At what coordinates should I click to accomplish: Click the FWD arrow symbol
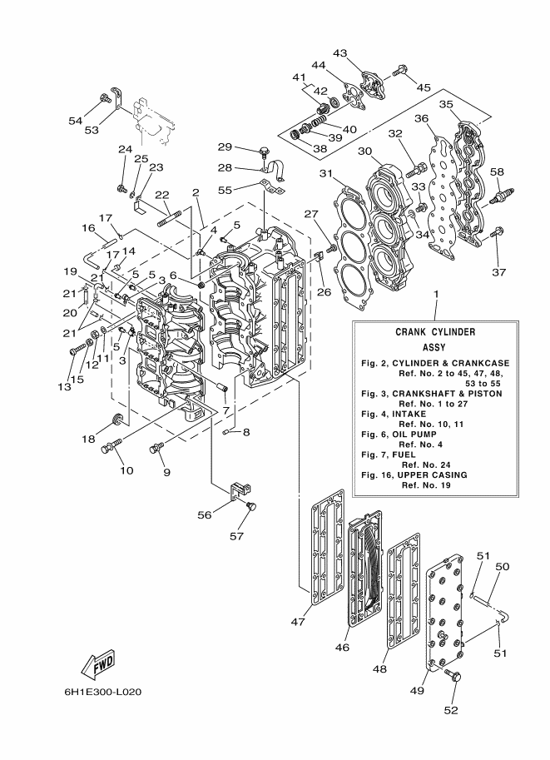[97, 664]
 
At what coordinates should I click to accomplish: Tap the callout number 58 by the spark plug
[497, 171]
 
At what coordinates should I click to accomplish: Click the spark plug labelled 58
[499, 198]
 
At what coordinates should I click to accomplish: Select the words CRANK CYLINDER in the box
[435, 331]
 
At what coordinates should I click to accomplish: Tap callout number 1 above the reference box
[434, 296]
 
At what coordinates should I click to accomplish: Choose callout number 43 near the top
[339, 53]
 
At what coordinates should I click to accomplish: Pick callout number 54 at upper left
[76, 121]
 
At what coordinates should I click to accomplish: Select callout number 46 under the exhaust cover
[341, 646]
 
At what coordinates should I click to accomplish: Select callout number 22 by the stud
[162, 195]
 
